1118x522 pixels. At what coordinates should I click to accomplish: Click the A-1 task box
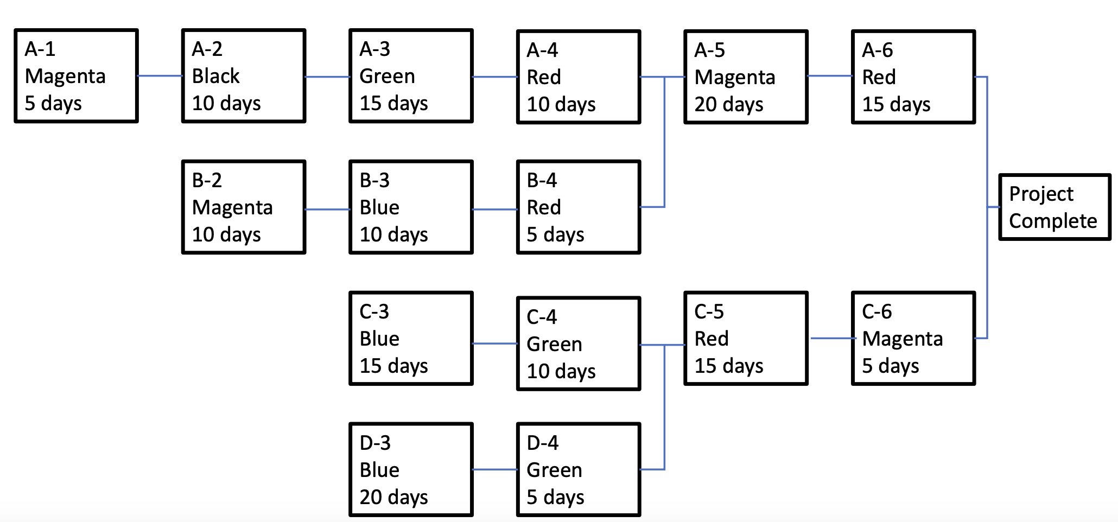tap(76, 76)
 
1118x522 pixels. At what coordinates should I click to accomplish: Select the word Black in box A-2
tap(215, 76)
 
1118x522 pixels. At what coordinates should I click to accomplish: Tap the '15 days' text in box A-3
tap(393, 103)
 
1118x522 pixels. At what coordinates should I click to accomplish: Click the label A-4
tap(542, 50)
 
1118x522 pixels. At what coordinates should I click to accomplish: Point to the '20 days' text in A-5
tap(728, 104)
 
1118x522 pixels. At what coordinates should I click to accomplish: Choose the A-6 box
tap(913, 77)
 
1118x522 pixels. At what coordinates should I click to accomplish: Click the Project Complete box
tap(1055, 207)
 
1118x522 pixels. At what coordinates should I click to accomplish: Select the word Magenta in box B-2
tap(232, 207)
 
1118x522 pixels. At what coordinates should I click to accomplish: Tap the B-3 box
tap(411, 207)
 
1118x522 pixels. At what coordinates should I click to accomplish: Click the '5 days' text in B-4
tap(555, 234)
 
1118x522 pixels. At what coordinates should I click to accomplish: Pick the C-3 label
tap(374, 311)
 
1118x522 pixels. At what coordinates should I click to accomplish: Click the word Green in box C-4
tap(554, 344)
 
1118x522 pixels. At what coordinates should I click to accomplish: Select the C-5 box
tap(746, 339)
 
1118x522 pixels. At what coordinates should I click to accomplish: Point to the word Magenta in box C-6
tap(902, 339)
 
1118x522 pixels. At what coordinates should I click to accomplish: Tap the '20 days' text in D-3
tap(393, 497)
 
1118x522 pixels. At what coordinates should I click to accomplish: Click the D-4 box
tap(579, 470)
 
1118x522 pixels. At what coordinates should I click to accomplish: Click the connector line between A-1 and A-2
tap(160, 76)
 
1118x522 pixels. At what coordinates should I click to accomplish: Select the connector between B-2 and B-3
tap(327, 209)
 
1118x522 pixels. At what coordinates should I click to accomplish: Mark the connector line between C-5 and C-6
tap(830, 338)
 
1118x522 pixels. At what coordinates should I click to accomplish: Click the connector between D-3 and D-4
tap(495, 469)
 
